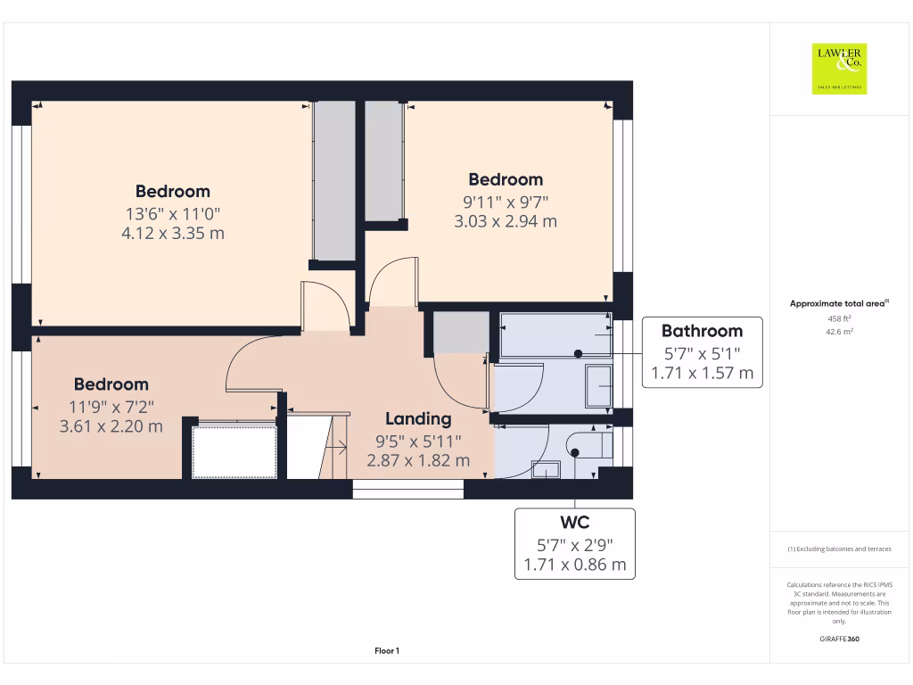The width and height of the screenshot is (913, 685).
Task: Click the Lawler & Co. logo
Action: tap(839, 69)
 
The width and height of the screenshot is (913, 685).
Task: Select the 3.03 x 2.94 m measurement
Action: tap(506, 221)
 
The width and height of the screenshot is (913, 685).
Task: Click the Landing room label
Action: tap(418, 418)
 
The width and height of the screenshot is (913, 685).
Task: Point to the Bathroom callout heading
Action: tap(702, 331)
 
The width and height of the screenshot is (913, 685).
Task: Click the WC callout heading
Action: tap(575, 522)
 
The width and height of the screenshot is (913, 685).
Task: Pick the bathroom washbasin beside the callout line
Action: tap(596, 385)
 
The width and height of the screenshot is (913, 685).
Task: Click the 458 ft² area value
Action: tap(839, 318)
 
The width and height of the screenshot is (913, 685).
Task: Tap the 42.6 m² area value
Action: tap(839, 331)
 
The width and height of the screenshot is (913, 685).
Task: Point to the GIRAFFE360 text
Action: tap(839, 639)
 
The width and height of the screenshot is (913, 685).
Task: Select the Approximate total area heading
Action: tap(838, 304)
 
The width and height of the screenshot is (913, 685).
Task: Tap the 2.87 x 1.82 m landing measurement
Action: tap(418, 461)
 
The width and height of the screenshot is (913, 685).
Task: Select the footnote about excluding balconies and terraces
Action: tap(839, 549)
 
